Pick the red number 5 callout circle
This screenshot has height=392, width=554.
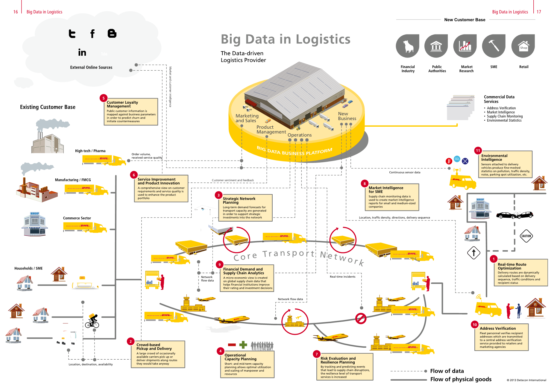[104, 98]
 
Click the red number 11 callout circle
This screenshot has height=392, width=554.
[478, 151]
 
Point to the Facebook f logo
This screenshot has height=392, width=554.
[92, 34]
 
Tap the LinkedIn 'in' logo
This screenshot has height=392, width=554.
[82, 53]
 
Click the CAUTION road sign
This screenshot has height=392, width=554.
[526, 236]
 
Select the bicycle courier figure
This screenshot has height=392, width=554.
[92, 321]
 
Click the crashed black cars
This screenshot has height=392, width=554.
[515, 215]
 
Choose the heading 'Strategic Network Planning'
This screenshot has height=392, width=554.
[239, 200]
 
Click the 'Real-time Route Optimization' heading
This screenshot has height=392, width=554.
[512, 266]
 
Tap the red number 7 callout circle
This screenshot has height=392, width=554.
[317, 354]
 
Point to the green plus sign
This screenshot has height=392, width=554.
[243, 345]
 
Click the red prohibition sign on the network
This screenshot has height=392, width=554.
[361, 318]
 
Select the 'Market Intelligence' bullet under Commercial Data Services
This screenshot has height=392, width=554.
[501, 112]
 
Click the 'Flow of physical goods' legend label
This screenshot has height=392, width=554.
[461, 379]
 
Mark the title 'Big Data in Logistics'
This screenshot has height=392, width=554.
[286, 39]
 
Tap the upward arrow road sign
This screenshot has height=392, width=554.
[473, 253]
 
